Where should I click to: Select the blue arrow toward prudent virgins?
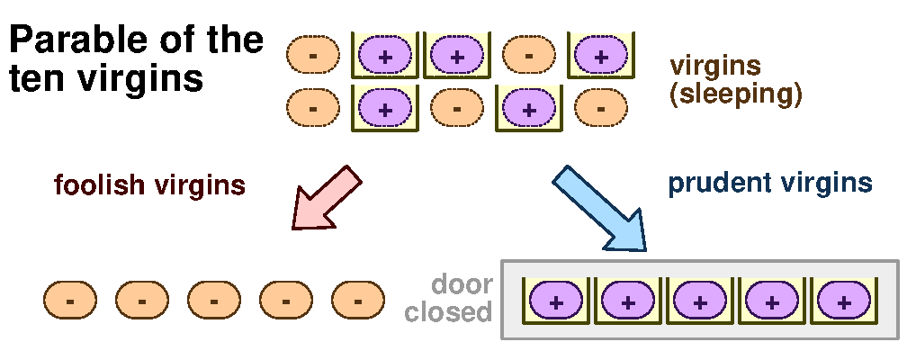[599, 206]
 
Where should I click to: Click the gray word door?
[462, 285]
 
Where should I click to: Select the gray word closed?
[448, 313]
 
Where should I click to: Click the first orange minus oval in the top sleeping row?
[312, 56]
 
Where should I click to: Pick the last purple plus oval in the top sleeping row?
[601, 56]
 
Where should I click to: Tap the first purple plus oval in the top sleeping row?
[385, 56]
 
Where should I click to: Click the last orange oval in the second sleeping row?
[601, 108]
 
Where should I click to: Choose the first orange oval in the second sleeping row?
[312, 108]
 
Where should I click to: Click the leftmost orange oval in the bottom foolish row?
[70, 300]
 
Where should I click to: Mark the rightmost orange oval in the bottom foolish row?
[358, 300]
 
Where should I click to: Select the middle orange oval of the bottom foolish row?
[214, 300]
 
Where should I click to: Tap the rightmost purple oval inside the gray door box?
[842, 302]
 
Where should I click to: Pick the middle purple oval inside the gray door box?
[698, 302]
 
